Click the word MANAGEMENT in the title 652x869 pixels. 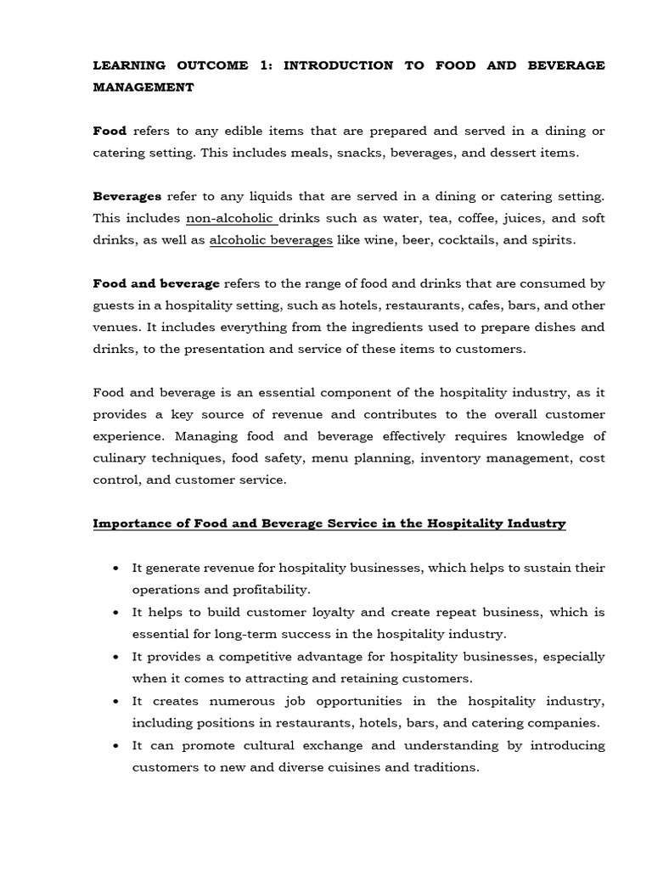tap(143, 87)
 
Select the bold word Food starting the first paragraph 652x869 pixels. tap(110, 131)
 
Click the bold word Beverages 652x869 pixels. tap(126, 196)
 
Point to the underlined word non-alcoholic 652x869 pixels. tap(231, 218)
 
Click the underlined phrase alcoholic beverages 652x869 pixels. tap(271, 240)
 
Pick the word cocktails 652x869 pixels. tap(464, 240)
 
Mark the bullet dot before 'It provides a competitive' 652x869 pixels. tap(115, 657)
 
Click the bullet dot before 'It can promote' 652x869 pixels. tap(115, 746)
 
